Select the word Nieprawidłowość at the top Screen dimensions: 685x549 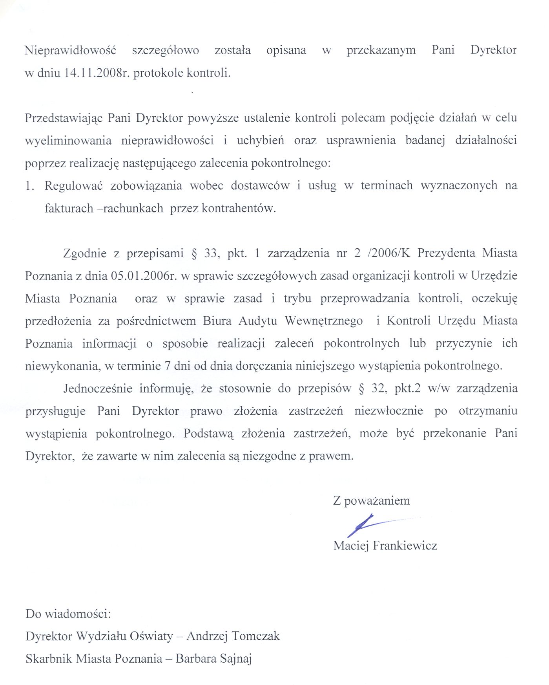click(71, 50)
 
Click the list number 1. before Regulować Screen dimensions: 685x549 click(30, 186)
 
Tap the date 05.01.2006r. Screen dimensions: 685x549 click(142, 276)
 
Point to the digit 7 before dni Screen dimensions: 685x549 click(168, 366)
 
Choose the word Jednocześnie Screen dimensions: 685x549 click(98, 389)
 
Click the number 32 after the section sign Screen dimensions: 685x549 click(378, 389)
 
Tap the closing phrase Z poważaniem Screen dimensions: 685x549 click(371, 501)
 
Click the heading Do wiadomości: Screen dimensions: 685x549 click(68, 614)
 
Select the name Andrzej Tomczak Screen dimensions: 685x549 click(233, 636)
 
